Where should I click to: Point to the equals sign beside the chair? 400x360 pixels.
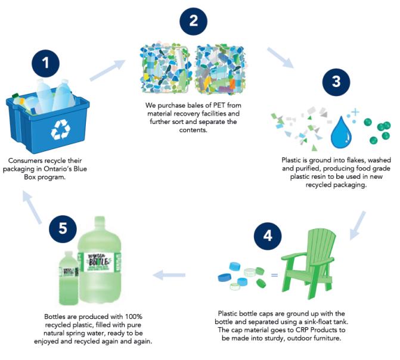click(275, 275)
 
